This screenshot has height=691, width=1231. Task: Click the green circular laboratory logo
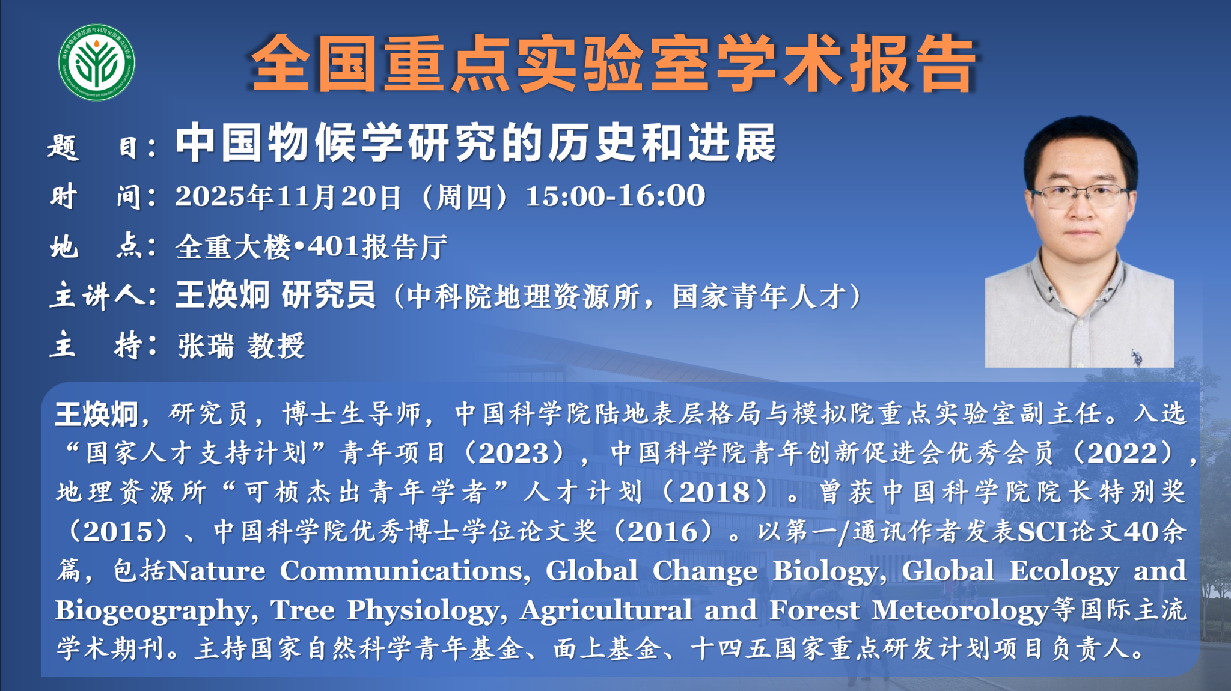[97, 62]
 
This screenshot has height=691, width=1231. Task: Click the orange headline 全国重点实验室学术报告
[613, 64]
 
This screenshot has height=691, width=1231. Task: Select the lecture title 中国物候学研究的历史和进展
[475, 143]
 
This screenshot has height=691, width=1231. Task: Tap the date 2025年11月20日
[288, 196]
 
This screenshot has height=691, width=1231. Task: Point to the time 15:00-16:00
[615, 196]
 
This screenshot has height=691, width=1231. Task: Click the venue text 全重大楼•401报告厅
[311, 246]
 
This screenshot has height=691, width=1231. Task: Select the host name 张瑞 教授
[242, 345]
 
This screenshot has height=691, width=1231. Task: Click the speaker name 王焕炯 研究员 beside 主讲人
[275, 295]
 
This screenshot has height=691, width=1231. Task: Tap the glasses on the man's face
[1080, 195]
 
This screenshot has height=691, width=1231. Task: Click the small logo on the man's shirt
[1135, 356]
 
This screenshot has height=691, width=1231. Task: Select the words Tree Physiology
[385, 611]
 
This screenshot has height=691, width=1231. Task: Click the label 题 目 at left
[102, 147]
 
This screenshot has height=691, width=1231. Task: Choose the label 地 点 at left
[102, 246]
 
